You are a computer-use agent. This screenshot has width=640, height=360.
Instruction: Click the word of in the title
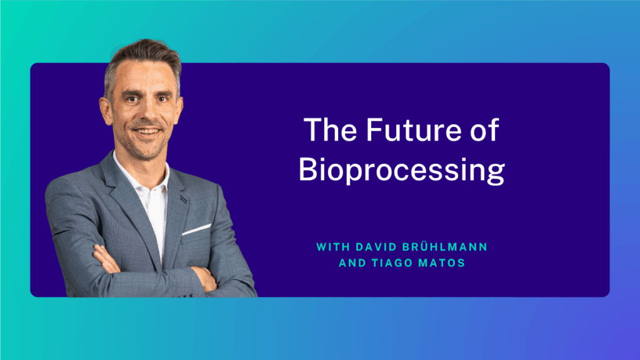point(483,131)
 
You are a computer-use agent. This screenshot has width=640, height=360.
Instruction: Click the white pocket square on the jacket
point(196,229)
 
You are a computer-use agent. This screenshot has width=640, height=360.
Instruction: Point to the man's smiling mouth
point(147,132)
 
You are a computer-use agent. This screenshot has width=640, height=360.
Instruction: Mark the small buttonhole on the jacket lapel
point(184,199)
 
